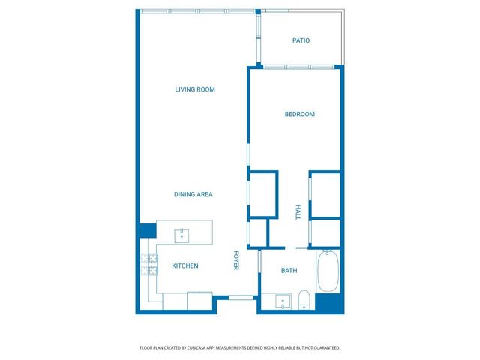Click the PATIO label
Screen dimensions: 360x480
coord(301,40)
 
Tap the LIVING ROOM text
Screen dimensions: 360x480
coord(195,89)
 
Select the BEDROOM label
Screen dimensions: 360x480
coord(299,114)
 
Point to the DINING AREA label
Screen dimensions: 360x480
coord(193,194)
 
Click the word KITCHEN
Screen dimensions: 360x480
coord(185,265)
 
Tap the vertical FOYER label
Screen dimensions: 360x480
coord(235,259)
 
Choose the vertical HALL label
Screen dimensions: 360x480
coord(298,212)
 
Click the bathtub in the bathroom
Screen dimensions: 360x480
coord(328,271)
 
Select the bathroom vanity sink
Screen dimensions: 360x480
coord(283,302)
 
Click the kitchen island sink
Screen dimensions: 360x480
coord(181,235)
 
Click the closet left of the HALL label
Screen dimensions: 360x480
coord(262,194)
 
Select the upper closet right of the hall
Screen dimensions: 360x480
coord(327,194)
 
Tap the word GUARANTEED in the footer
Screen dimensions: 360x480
coord(323,348)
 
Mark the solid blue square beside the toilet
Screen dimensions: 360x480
coord(328,303)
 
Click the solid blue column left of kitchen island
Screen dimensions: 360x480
coord(145,230)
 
